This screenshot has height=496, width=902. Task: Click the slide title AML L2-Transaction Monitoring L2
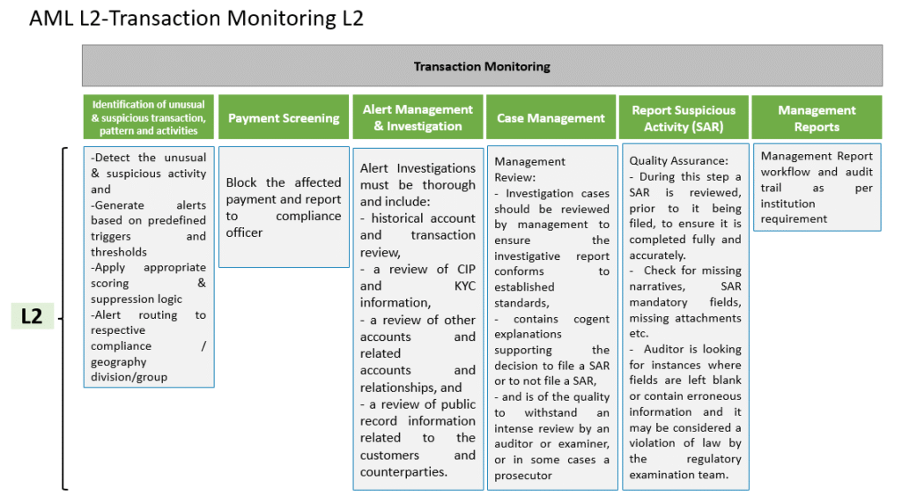[x=196, y=19]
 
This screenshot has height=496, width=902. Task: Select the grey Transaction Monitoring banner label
[x=482, y=66]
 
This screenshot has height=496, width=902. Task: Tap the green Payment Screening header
[x=284, y=117]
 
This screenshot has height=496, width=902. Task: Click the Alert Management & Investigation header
[x=418, y=117]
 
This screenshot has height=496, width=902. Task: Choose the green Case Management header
[x=551, y=117]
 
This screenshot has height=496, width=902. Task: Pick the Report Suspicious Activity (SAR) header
[x=684, y=118]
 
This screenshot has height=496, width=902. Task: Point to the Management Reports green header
[x=817, y=118]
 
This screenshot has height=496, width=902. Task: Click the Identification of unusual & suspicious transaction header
[x=148, y=117]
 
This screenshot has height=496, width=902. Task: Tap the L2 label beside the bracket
[x=33, y=316]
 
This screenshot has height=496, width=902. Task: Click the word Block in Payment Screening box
[x=241, y=182]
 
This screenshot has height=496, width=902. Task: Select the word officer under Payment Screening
[x=244, y=233]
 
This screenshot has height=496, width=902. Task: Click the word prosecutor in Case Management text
[x=523, y=475]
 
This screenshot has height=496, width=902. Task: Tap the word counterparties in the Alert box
[x=403, y=472]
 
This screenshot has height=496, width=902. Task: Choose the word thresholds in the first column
[x=119, y=252]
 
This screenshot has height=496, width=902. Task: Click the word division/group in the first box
[x=129, y=377]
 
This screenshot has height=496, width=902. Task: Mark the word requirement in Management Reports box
[x=794, y=219]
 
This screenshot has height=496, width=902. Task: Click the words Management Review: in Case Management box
[x=529, y=169]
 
